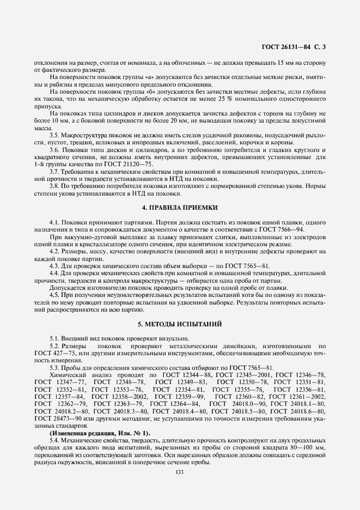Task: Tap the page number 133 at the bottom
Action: pyautogui.click(x=180, y=472)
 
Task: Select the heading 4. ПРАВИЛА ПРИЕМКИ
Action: pyautogui.click(x=180, y=208)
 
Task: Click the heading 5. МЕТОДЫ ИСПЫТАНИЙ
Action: pyautogui.click(x=180, y=325)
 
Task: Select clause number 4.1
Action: pyautogui.click(x=55, y=223)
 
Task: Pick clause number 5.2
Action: pyautogui.click(x=55, y=347)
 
